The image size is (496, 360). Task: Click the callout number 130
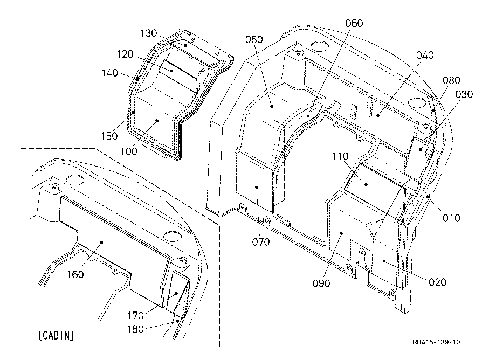point(149,33)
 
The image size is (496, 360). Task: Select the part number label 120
point(125,54)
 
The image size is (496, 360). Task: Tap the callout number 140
point(110,73)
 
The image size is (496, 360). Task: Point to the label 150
point(109,136)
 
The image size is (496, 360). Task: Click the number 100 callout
point(129,151)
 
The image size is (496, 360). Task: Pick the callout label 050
point(254,39)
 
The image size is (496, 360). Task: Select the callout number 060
point(354,23)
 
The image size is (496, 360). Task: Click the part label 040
point(425,56)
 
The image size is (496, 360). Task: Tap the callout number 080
point(451,80)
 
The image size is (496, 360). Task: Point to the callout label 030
point(464,94)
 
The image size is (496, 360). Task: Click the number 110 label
point(340,156)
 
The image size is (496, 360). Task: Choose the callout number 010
point(451,218)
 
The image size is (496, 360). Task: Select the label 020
point(437,282)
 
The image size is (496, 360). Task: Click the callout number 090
point(321,283)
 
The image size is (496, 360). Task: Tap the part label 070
point(261,242)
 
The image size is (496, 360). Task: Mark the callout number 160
point(75,274)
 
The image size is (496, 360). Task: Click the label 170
point(135,315)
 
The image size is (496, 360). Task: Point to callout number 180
point(135,329)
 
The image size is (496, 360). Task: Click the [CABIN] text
point(56,335)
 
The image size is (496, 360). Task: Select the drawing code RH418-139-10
point(436,342)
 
